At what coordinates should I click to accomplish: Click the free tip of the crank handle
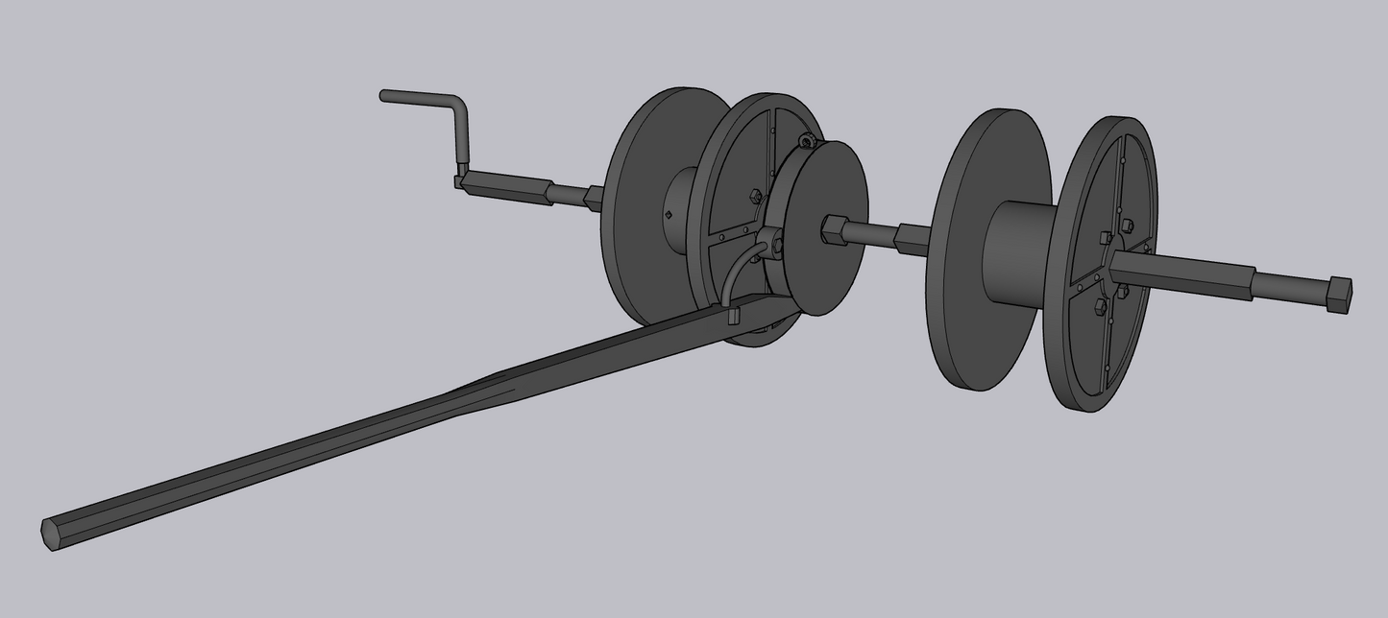click(385, 95)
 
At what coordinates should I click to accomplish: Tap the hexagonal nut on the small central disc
click(832, 230)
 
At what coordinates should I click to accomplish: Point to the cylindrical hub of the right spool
click(1018, 250)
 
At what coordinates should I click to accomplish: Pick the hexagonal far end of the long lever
click(51, 533)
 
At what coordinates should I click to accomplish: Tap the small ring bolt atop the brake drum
click(808, 141)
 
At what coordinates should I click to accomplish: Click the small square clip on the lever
click(734, 314)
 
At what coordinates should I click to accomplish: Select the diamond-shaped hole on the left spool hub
click(669, 215)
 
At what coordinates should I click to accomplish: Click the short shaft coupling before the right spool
click(912, 238)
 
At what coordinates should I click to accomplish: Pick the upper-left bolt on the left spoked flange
click(755, 196)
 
